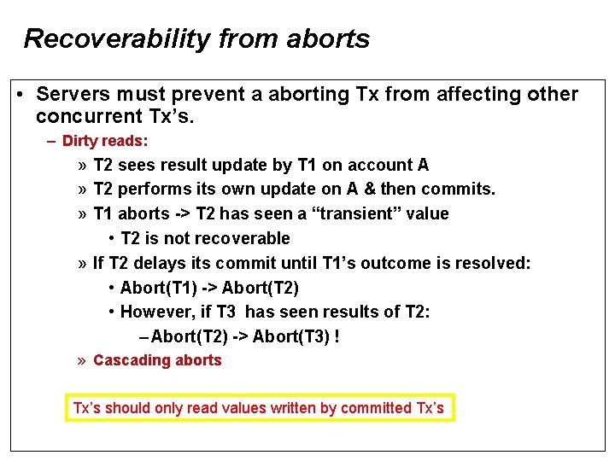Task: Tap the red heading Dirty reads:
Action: tap(105, 141)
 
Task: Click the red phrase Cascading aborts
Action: tap(157, 360)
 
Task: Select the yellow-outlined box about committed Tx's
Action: tap(260, 407)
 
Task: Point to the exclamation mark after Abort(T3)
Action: tap(337, 336)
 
